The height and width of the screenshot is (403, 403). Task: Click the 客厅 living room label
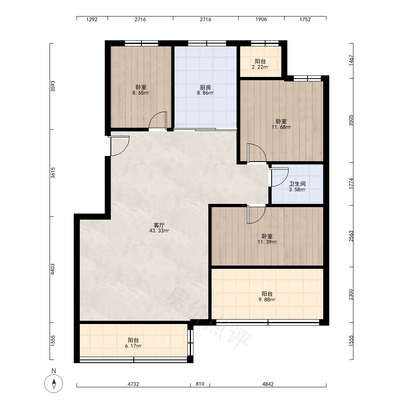click(159, 225)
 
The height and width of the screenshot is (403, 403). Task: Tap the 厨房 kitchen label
click(206, 87)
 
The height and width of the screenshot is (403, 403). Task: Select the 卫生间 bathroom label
click(297, 184)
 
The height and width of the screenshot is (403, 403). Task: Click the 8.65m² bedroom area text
click(141, 93)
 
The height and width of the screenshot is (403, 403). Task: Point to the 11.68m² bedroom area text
click(281, 127)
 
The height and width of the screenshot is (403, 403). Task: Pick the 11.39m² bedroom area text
click(267, 242)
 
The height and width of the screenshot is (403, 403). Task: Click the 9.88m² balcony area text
click(267, 300)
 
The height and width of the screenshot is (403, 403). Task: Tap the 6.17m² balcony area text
click(133, 346)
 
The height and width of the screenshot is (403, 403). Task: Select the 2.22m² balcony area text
click(260, 67)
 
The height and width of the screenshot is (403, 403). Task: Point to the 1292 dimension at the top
click(92, 19)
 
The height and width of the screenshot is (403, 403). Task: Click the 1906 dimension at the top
click(261, 19)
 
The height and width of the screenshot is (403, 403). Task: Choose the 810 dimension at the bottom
click(200, 384)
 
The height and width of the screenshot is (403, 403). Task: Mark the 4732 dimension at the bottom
click(133, 384)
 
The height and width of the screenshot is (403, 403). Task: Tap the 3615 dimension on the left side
click(53, 173)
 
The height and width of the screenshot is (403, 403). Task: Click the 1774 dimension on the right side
click(351, 184)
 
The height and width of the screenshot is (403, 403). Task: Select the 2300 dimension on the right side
click(351, 295)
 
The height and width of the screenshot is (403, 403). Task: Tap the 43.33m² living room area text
click(159, 231)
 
